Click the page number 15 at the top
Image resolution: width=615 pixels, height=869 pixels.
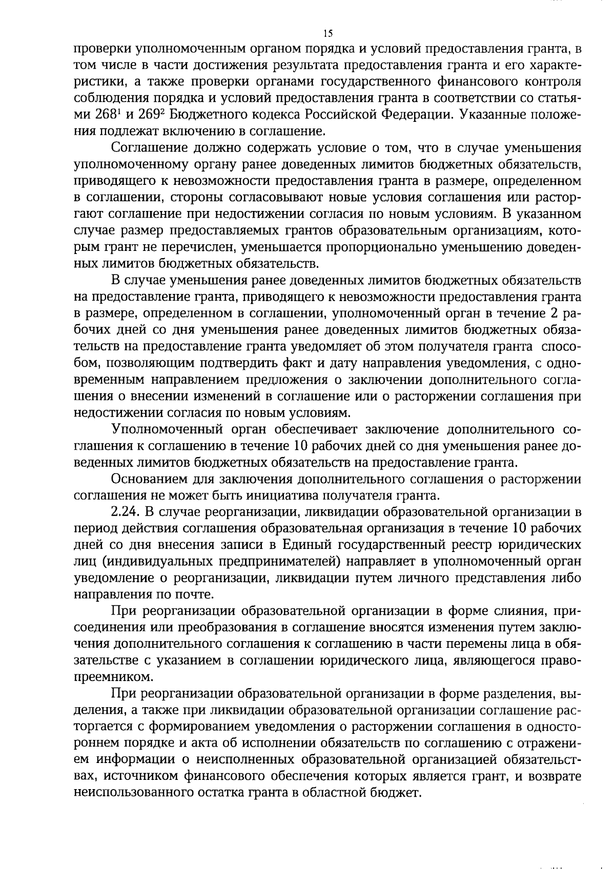328,34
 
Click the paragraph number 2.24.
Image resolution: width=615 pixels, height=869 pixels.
126,512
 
